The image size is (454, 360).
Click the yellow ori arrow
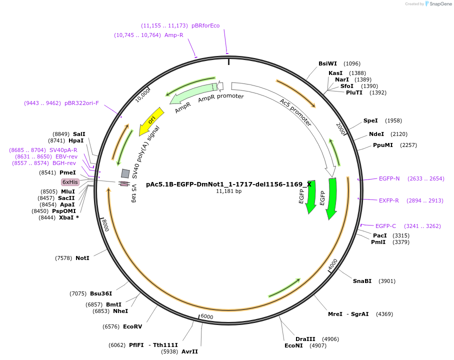[151, 120]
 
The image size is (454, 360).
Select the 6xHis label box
[70, 182]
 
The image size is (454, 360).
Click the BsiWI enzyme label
[327, 63]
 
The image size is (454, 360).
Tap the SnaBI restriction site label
[362, 281]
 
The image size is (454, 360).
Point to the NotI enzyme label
[82, 258]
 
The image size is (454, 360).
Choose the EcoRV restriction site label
[132, 326]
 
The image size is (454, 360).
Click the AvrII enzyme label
[189, 351]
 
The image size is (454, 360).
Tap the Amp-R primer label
[174, 35]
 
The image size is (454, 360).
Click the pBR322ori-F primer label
[81, 103]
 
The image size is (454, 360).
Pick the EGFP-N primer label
[389, 178]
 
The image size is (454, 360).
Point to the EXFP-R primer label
[389, 200]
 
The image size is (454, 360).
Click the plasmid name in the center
[228, 184]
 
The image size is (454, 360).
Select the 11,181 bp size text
[228, 191]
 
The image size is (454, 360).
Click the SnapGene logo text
[440, 4]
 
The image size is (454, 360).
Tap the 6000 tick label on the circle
[206, 317]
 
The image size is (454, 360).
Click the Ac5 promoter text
[295, 112]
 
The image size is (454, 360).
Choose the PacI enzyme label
[380, 235]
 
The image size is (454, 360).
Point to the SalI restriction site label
[79, 134]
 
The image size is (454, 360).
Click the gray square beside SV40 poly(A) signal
[125, 173]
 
